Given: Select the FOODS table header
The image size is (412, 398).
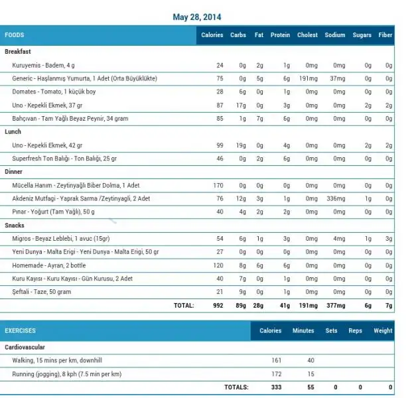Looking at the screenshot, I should tap(15, 35).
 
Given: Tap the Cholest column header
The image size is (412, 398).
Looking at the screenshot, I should tap(307, 35).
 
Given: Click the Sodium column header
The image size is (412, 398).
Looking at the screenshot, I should tap(334, 35).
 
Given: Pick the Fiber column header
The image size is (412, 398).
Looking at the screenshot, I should tap(385, 35).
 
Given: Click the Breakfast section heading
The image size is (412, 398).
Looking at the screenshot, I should tap(18, 52).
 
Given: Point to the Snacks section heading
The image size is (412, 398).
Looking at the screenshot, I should tap(15, 226).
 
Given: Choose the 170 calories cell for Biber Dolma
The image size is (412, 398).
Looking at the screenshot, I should tap(218, 186).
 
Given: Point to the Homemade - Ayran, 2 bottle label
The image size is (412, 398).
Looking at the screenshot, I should tap(49, 265).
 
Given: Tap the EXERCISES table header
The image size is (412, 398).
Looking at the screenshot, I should tap(21, 330).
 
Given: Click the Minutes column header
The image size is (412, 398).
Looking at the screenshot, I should tap(303, 330).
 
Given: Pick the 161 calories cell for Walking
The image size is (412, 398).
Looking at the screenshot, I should tap(277, 360).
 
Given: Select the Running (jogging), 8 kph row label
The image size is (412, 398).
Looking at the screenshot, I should tap(67, 374).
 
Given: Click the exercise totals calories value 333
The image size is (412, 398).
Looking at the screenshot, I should tap(276, 387).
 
